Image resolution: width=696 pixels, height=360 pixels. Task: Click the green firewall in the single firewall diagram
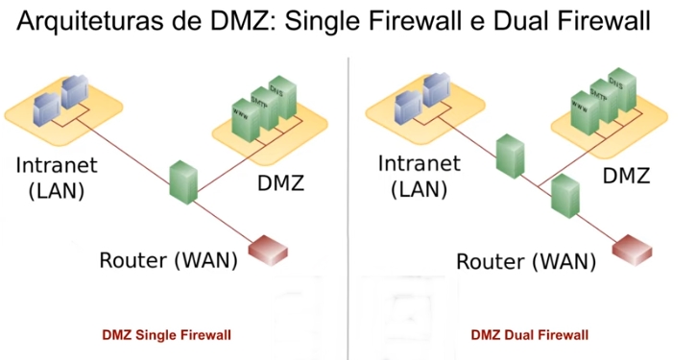(182, 180)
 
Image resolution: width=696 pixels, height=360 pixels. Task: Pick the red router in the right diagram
(634, 248)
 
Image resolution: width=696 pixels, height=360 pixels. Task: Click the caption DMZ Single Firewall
(168, 335)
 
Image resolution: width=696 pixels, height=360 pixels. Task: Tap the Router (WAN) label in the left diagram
(168, 260)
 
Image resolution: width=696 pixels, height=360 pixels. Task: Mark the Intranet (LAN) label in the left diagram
(50, 177)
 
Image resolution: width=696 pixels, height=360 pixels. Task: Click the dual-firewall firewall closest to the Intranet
(506, 155)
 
